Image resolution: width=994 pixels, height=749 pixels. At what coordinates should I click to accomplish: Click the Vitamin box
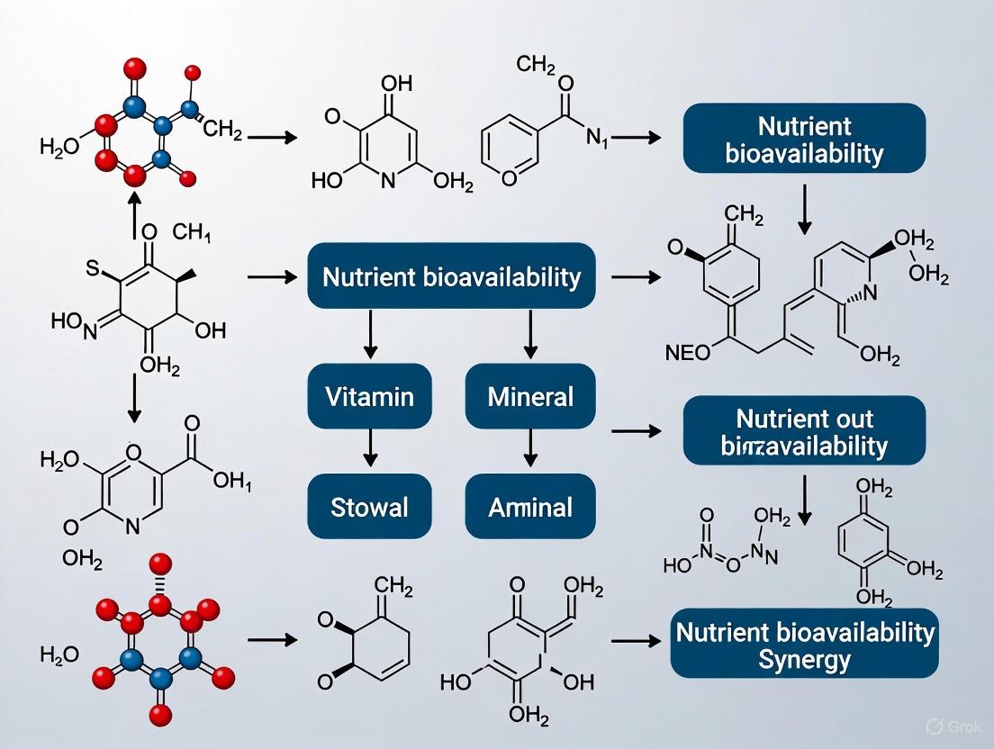[x=370, y=395]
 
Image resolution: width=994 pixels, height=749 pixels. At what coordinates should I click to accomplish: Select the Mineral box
[x=530, y=395]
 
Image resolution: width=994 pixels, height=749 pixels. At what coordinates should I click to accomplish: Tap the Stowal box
[x=370, y=507]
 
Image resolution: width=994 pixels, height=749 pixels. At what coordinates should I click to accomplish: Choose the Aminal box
[x=530, y=507]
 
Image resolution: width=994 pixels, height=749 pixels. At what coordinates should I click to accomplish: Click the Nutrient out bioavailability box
[x=804, y=432]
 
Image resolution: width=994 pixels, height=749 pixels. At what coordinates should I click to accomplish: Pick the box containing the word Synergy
[x=804, y=645]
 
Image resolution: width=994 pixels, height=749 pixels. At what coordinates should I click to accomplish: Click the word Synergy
[x=804, y=660]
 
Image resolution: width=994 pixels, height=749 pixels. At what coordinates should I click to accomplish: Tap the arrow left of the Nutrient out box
[x=636, y=432]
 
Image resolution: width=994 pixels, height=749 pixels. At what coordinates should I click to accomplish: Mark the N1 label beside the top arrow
[x=598, y=138]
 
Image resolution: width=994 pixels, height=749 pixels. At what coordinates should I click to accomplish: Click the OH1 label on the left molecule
[x=232, y=483]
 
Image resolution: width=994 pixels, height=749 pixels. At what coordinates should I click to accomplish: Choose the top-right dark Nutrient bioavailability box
[x=804, y=138]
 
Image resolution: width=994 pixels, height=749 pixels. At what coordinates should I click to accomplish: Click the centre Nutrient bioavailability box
[x=451, y=276]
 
